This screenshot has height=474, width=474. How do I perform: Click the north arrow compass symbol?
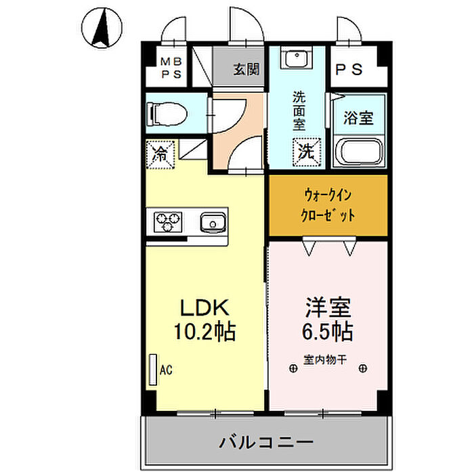[102, 28]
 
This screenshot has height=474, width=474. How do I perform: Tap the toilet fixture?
[166, 114]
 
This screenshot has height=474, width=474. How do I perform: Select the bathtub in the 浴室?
[358, 152]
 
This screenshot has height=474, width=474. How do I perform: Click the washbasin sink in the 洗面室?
[296, 58]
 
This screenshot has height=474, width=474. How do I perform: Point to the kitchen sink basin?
[213, 223]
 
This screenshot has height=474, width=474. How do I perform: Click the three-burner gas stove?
[168, 222]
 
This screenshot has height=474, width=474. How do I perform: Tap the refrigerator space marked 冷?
[160, 154]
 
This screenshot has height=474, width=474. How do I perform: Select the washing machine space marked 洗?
[307, 152]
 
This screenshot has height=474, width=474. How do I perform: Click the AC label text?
[166, 370]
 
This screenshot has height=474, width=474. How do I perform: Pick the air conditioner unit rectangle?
[153, 370]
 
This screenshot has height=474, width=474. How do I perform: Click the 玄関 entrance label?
[246, 69]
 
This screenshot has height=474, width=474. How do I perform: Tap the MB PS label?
[171, 68]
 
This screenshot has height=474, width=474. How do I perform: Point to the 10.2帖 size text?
[204, 331]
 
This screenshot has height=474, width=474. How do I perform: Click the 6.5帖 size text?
[328, 331]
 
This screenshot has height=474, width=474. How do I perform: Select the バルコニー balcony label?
[266, 443]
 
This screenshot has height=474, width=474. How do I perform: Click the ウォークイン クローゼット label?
[328, 205]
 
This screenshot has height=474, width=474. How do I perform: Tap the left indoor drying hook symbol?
[293, 368]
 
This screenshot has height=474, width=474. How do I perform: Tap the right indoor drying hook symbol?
[363, 368]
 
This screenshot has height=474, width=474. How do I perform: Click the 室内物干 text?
[325, 360]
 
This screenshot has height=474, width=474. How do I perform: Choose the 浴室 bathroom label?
[358, 118]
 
